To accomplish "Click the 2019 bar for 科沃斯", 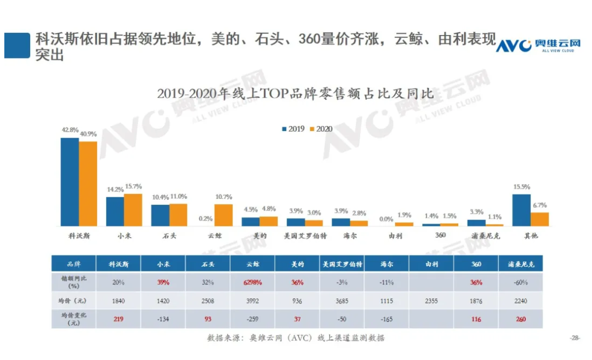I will tap(70, 182).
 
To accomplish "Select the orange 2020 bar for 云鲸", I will tap(223, 215).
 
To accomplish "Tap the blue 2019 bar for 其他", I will tap(521, 210).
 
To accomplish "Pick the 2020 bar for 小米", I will tap(133, 210).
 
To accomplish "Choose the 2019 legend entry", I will tap(293, 129).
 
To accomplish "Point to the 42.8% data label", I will tap(69, 130).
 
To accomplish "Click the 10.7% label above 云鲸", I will tap(224, 197).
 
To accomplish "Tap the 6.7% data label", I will tap(539, 205).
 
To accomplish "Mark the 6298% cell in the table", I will tap(252, 283).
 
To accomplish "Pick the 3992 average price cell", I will tap(252, 301).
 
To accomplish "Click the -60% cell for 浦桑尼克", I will tap(521, 283).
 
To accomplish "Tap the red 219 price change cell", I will tap(118, 319).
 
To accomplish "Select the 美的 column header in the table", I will tap(297, 264).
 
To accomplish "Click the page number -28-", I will tap(574, 338).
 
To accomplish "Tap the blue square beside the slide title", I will tap(17, 45).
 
